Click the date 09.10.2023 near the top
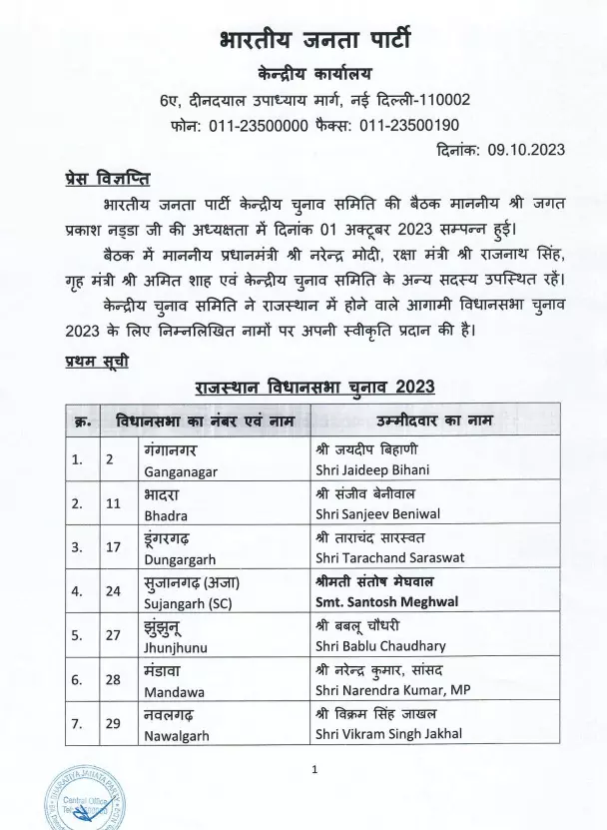[527, 150]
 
